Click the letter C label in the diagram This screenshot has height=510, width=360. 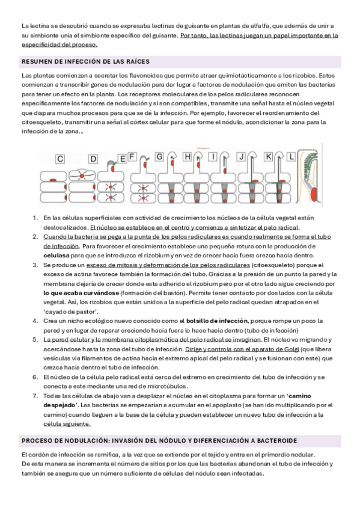pos(60,159)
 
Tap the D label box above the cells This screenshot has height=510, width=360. pos(93,159)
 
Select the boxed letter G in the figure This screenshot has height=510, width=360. pos(159,157)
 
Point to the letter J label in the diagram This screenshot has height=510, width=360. pos(241,157)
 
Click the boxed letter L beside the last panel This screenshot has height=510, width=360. pos(291,157)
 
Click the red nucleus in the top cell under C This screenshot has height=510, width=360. pos(53,180)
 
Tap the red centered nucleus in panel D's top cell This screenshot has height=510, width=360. pos(82,176)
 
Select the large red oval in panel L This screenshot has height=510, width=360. pos(314,195)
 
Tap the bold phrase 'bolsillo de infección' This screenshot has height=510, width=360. pos(217,321)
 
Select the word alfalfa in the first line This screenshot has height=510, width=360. pos(259,26)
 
